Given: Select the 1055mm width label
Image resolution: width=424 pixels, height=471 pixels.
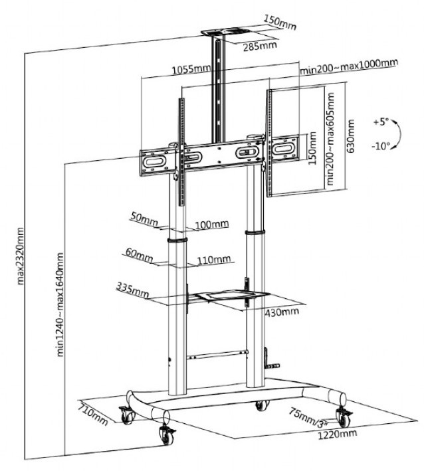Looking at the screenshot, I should coord(187,68).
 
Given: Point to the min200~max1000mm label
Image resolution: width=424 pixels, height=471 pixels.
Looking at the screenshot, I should coord(348,64).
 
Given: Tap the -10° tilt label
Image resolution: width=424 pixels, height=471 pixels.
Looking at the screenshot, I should coord(380,147).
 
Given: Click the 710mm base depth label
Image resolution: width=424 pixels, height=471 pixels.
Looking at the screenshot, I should coord(92,414).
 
